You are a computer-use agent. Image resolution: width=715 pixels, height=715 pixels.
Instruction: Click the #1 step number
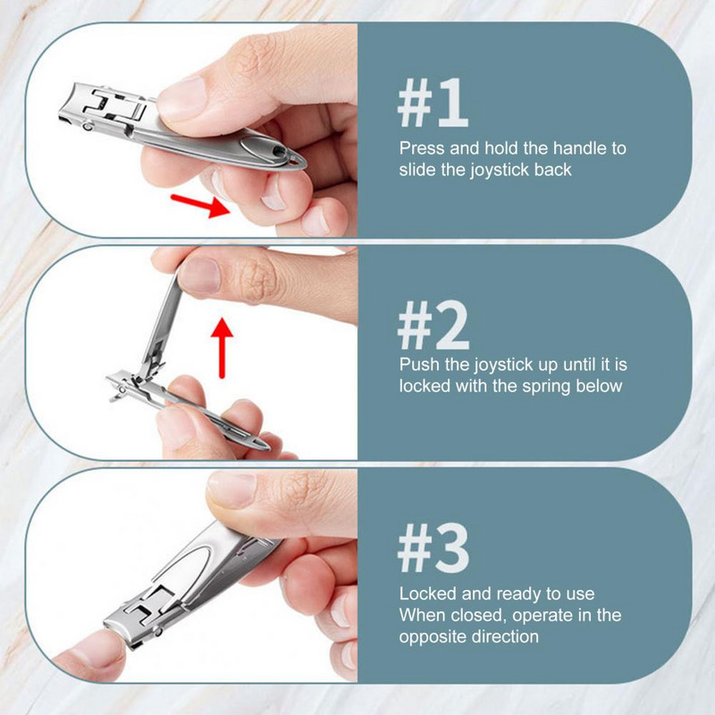(433, 103)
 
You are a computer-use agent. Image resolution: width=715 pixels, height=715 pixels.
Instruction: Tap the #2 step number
(433, 324)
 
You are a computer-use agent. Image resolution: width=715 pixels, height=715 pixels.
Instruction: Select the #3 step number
(433, 548)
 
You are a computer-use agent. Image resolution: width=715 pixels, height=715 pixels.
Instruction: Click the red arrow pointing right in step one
(200, 206)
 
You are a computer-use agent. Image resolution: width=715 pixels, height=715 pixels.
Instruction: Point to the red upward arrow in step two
(222, 348)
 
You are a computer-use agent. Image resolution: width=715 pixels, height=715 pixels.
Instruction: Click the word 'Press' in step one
(422, 148)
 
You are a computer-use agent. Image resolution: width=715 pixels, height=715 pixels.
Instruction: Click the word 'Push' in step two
(419, 365)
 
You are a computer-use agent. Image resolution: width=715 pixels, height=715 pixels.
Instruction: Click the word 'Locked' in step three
(428, 593)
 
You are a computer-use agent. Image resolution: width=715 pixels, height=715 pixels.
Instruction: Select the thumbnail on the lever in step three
(231, 489)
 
